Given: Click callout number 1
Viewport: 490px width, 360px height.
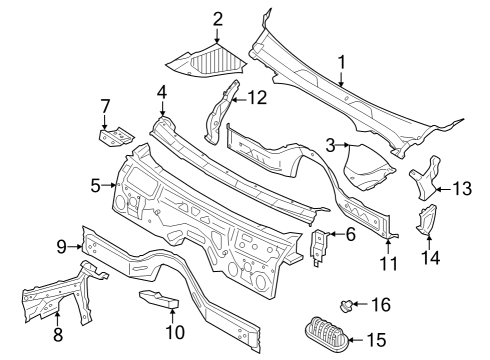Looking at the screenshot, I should pyautogui.click(x=342, y=63).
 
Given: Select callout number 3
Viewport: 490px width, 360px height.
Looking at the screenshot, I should pyautogui.click(x=329, y=146).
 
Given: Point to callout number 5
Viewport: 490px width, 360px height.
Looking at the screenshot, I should pyautogui.click(x=95, y=185).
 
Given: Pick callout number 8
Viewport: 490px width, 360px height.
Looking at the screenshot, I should pyautogui.click(x=57, y=335).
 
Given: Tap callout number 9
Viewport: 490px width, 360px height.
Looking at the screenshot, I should pyautogui.click(x=61, y=246).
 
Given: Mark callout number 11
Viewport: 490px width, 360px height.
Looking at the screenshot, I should pyautogui.click(x=389, y=264).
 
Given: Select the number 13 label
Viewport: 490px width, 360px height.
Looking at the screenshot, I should pyautogui.click(x=461, y=187).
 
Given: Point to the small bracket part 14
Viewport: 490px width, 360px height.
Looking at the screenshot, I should pyautogui.click(x=427, y=219).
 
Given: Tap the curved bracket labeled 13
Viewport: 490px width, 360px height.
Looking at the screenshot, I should pyautogui.click(x=427, y=179).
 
